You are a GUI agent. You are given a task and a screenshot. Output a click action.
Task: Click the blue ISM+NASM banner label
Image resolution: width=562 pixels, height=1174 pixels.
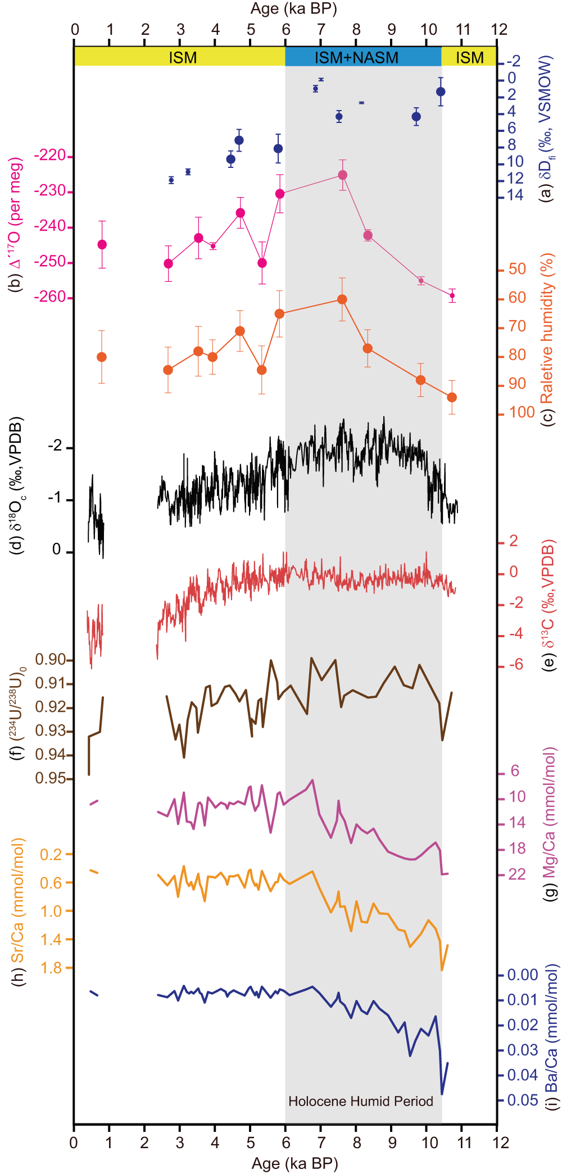point(356,57)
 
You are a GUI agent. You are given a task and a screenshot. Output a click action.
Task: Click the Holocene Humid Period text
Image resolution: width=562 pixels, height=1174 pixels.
point(361,1101)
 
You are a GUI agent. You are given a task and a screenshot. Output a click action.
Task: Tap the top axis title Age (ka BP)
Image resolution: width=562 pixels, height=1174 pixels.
point(293,8)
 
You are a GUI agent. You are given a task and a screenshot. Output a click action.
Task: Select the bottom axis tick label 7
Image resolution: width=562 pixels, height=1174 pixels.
point(321,1142)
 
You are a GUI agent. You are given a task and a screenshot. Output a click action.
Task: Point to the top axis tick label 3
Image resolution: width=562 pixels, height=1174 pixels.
point(180,29)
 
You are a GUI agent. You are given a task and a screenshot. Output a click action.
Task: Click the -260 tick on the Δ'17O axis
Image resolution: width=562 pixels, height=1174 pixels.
point(53,297)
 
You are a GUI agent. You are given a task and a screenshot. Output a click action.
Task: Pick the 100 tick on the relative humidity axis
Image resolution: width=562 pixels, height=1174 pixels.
point(522,412)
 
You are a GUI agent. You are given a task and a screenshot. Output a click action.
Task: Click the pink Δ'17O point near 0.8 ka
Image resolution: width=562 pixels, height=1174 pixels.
point(102,244)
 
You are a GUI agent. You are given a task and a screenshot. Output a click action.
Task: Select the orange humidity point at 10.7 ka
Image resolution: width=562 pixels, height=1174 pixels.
point(452,398)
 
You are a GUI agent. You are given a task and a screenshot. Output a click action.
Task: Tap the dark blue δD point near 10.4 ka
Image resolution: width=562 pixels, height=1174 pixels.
point(441,92)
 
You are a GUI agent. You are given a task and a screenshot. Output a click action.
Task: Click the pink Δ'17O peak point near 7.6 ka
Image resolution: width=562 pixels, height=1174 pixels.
point(342,175)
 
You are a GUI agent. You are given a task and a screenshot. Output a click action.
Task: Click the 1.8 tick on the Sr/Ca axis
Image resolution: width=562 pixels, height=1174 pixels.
point(52,968)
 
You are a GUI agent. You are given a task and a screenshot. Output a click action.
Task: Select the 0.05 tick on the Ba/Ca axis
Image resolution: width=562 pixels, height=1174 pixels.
point(523,1100)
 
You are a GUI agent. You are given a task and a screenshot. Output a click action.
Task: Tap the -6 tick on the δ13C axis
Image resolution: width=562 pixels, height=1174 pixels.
point(515,665)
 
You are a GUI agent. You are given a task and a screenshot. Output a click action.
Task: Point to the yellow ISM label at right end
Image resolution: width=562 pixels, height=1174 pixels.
point(469,57)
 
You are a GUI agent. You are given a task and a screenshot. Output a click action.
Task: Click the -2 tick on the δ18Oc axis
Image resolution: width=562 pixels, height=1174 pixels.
point(55,447)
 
